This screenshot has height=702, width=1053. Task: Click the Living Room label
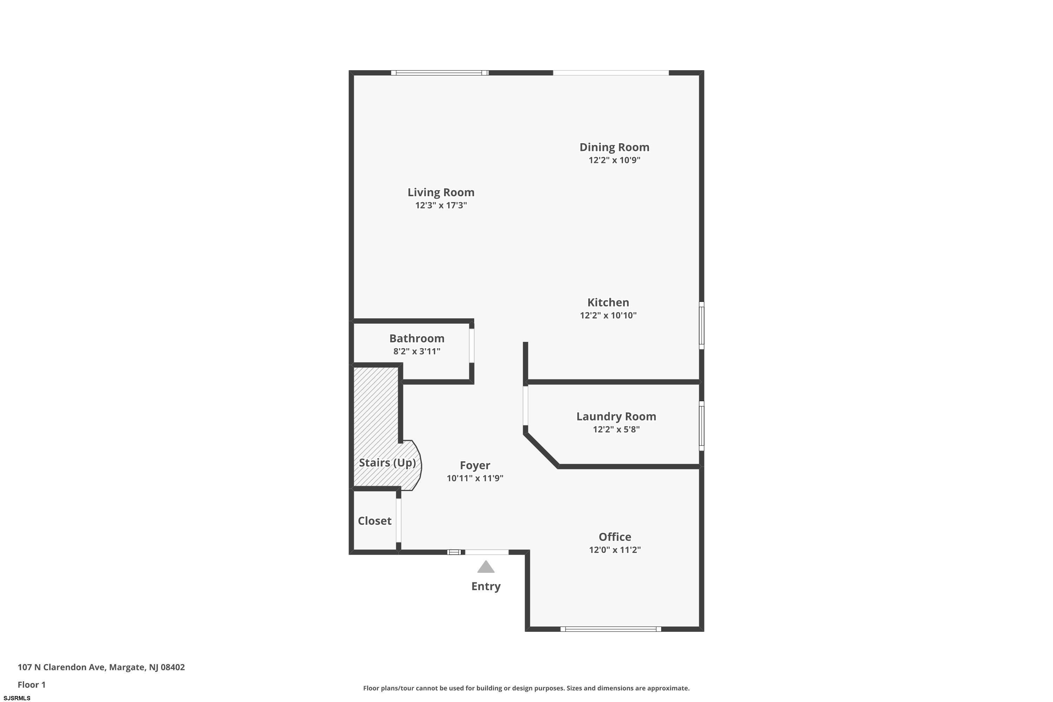pos(441,192)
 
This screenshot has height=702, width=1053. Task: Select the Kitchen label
pos(608,302)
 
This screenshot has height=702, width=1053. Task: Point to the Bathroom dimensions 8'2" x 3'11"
pos(417,351)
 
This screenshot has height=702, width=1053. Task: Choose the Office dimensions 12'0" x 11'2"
pos(615,550)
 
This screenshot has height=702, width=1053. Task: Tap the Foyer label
pos(475,466)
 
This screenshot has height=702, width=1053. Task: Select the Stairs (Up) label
pos(387,463)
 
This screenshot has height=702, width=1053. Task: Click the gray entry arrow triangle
pos(486,567)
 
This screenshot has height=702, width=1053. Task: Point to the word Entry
pos(486,587)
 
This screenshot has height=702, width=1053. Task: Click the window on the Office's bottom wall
pos(611,629)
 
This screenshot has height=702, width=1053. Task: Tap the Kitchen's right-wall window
pos(702,325)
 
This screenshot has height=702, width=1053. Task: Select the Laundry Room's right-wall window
pos(702,426)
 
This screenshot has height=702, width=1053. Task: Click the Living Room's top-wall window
pos(440,73)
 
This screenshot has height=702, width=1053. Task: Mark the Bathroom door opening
pos(471,346)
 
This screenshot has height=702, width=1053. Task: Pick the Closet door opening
pos(398,520)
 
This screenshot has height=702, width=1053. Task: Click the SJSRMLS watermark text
pos(17,698)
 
